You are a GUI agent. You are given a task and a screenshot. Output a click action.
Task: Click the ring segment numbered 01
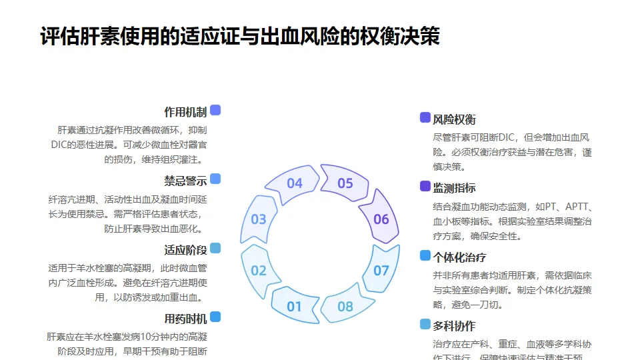(x=293, y=306)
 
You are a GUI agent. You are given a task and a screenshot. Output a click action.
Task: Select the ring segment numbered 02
(x=258, y=270)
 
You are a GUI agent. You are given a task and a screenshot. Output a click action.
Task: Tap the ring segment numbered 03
(x=258, y=219)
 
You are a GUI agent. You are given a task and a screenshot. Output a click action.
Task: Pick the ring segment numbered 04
(x=294, y=183)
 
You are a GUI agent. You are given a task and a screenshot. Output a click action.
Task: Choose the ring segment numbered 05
(x=345, y=183)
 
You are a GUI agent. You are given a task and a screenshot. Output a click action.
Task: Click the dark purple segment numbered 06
(x=381, y=219)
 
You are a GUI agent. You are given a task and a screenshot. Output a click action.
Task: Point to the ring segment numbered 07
(x=381, y=270)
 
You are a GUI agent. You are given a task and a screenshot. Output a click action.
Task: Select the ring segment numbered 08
(x=345, y=306)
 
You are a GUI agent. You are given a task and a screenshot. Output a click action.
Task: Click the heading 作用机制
(x=185, y=112)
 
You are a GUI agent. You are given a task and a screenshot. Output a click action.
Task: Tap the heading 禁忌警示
(x=185, y=181)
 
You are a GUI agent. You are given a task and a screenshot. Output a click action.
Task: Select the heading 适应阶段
(x=185, y=250)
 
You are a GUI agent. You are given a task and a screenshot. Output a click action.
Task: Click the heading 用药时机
(x=185, y=319)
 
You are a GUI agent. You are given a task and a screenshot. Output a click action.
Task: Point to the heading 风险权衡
(x=454, y=119)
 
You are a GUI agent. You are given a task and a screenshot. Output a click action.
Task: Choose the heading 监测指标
(x=454, y=188)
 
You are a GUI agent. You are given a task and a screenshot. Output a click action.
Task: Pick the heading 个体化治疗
(x=459, y=257)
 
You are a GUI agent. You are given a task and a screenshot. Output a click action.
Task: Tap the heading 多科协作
(x=454, y=326)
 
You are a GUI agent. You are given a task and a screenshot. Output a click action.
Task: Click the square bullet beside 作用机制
(x=215, y=110)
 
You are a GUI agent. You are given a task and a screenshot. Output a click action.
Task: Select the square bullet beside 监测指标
(x=425, y=186)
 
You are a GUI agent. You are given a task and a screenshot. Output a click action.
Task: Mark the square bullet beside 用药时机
(x=215, y=317)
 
